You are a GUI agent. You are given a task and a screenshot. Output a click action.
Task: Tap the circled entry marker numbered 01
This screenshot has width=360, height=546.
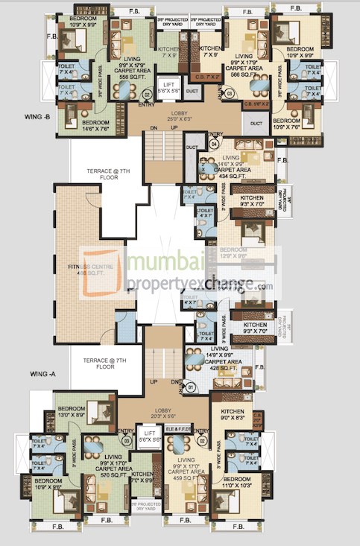pos(191,387)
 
